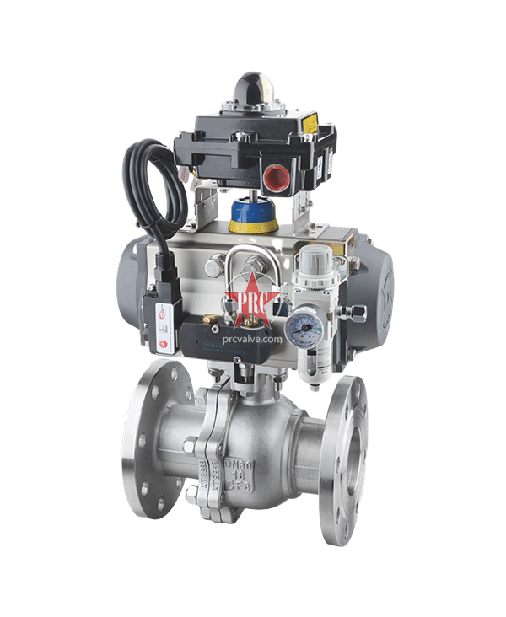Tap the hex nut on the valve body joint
[x=193, y=447]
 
